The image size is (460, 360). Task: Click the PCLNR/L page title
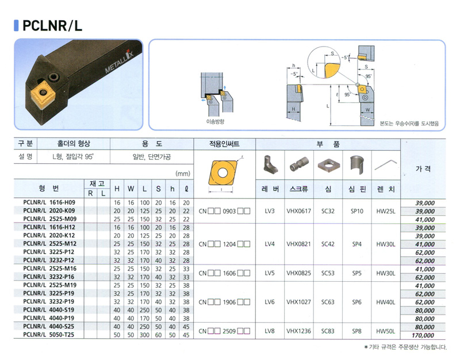click(52, 25)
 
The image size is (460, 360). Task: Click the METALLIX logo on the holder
click(119, 62)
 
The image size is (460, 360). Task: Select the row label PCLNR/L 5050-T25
click(49, 335)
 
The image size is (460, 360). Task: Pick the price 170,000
click(423, 335)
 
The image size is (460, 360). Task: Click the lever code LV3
click(270, 211)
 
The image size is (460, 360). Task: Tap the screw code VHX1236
click(298, 331)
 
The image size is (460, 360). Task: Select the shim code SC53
click(328, 273)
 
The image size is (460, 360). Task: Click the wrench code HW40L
click(386, 302)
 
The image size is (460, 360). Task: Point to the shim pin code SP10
click(357, 211)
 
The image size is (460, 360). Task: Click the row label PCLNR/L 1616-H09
click(49, 202)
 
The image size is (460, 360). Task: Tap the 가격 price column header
click(423, 168)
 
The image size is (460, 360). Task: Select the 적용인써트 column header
click(224, 144)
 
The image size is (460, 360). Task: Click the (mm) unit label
click(183, 174)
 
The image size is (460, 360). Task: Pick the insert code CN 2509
click(224, 331)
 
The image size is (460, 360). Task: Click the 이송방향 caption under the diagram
click(215, 121)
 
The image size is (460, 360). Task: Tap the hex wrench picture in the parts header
click(386, 165)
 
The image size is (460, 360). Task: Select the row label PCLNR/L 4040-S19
click(49, 309)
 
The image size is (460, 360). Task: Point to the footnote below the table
click(405, 347)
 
